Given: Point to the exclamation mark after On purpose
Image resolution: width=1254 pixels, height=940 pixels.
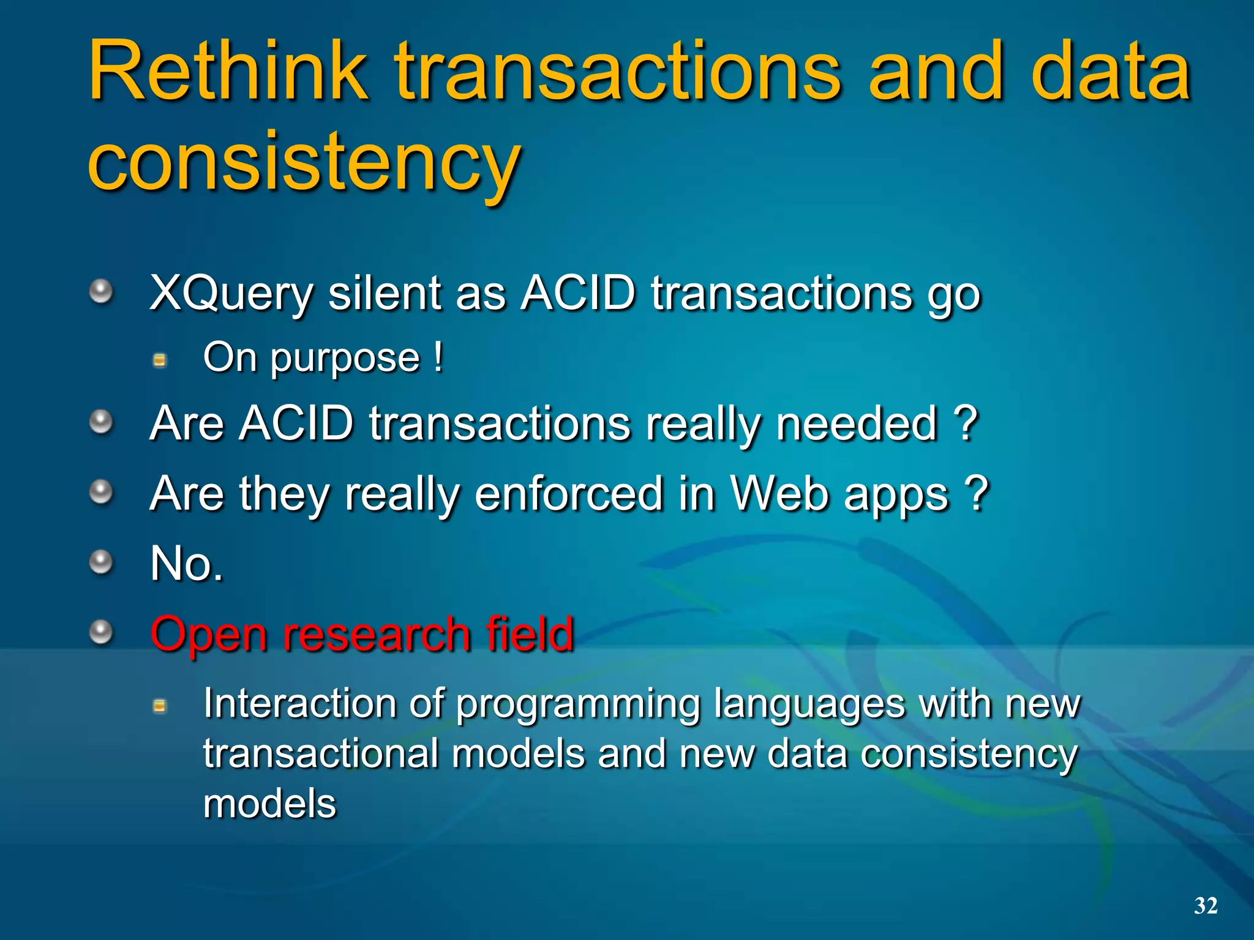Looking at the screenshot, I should pyautogui.click(x=438, y=357).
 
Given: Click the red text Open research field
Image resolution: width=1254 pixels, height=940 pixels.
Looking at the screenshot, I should pyautogui.click(x=362, y=635).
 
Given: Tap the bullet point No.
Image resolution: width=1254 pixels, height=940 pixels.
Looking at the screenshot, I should pyautogui.click(x=187, y=564).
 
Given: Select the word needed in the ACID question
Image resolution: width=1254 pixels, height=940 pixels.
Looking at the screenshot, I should pyautogui.click(x=857, y=423).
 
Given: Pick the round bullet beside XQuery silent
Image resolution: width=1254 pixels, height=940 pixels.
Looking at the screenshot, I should pyautogui.click(x=101, y=291).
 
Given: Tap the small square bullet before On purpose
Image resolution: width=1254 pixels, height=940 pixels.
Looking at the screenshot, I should pyautogui.click(x=160, y=360).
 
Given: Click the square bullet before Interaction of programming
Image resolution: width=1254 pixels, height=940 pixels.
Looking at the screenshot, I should pyautogui.click(x=160, y=707).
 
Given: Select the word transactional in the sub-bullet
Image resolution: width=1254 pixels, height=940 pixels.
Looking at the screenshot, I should pyautogui.click(x=320, y=753).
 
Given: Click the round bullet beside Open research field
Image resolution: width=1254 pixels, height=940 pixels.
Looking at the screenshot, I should pyautogui.click(x=101, y=632).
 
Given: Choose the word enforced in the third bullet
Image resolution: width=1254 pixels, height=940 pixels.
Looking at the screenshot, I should pyautogui.click(x=569, y=494).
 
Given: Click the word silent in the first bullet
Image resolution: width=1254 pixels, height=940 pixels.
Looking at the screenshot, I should pyautogui.click(x=385, y=294).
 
